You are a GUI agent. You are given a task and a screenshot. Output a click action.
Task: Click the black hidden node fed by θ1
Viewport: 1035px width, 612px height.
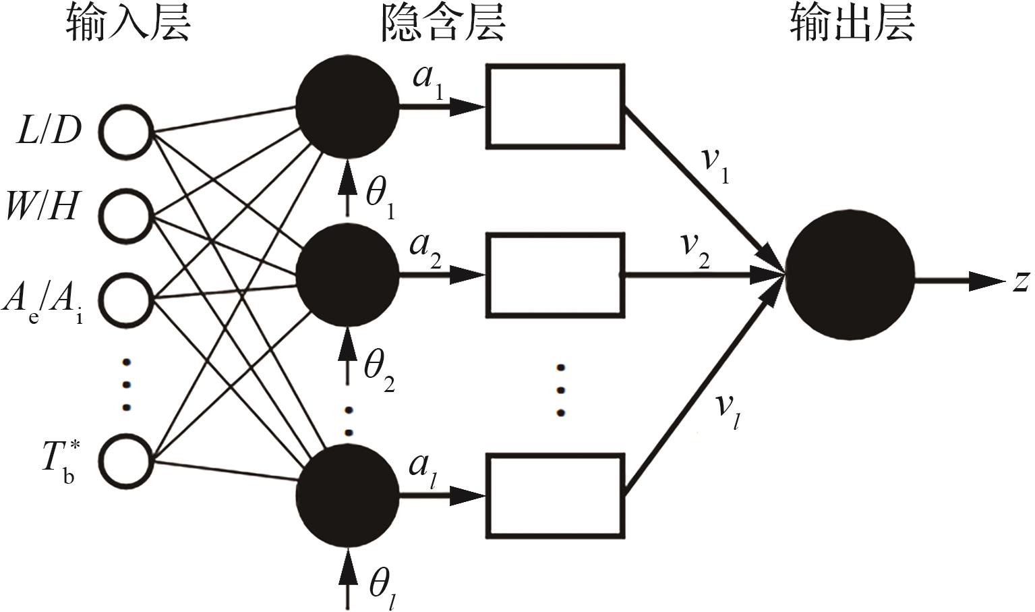coord(347,106)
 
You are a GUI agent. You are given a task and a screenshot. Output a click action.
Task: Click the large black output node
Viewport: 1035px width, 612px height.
coord(850,276)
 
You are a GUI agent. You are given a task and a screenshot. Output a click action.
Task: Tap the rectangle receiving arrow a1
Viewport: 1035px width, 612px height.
coord(555,106)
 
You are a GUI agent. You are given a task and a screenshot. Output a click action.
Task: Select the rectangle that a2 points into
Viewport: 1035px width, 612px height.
coord(555,275)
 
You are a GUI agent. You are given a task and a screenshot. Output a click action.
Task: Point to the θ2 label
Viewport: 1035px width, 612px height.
coord(379,370)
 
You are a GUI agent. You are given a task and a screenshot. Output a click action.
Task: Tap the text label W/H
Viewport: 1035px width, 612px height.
coord(42,207)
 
